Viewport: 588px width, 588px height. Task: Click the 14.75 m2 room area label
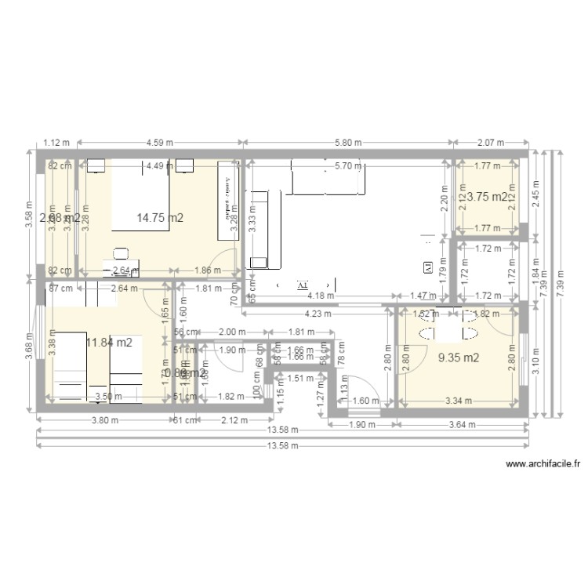[160, 218]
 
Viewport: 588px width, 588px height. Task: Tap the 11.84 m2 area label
[109, 342]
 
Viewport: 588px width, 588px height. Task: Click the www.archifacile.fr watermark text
[543, 464]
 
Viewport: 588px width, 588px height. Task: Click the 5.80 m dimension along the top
[347, 143]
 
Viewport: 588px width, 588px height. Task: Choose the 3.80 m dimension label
[104, 420]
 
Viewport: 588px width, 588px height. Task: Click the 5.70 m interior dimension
[347, 165]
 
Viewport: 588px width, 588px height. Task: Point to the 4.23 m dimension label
[318, 314]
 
